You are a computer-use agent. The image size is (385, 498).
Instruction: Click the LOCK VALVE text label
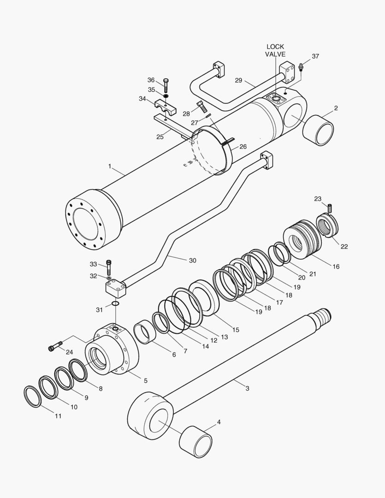(x=275, y=50)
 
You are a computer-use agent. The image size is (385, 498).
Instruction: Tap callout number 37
(x=315, y=56)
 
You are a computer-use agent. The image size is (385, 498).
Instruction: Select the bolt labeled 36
(x=166, y=85)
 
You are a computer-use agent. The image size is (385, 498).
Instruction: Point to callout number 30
(x=192, y=261)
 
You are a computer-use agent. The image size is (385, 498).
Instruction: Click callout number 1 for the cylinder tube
(x=110, y=166)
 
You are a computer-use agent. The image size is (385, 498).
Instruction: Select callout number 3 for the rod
(x=247, y=388)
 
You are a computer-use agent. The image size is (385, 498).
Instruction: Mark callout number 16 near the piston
(x=336, y=267)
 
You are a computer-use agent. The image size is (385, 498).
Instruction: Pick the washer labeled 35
(x=166, y=96)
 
